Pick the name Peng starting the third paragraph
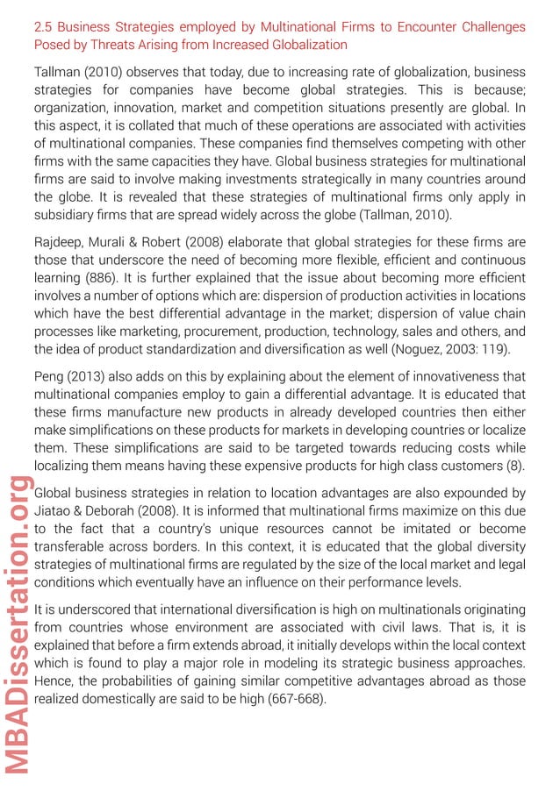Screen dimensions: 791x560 tap(49, 377)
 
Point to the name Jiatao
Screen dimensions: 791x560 tap(53, 511)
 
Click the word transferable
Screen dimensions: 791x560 tap(74, 545)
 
